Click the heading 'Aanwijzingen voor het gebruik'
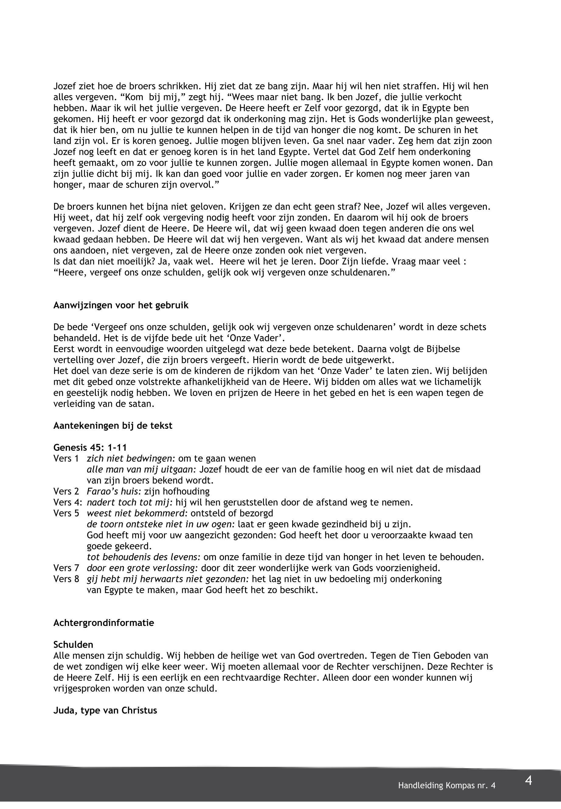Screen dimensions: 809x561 point(121,305)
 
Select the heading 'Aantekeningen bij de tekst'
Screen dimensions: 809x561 point(113,425)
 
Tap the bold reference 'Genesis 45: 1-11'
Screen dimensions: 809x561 point(90,448)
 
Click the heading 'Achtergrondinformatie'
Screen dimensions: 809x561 point(104,623)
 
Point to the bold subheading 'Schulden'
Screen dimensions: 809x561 point(73,644)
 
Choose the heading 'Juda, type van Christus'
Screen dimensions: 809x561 point(105,710)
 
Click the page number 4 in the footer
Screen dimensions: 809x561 point(528,781)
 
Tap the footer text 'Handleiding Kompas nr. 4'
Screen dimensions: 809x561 point(446,786)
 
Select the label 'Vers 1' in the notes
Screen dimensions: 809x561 point(66,458)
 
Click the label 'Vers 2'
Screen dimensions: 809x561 point(66,491)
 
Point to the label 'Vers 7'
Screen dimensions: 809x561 point(66,568)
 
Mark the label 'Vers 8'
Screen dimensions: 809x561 point(66,579)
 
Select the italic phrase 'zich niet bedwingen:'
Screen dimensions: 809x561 point(131,458)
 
